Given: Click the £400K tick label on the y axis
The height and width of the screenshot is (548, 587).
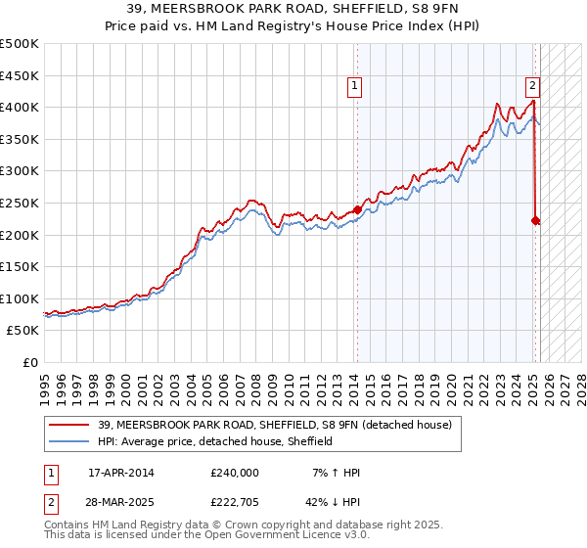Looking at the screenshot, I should click(x=20, y=107).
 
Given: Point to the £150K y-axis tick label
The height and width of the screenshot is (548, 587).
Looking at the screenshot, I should click(x=20, y=266).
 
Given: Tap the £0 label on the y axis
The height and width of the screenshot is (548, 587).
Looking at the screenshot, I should click(x=31, y=362).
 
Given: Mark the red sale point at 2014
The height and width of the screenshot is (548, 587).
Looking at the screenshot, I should click(x=357, y=208).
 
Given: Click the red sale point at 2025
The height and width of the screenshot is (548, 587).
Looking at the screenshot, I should click(x=535, y=220).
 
